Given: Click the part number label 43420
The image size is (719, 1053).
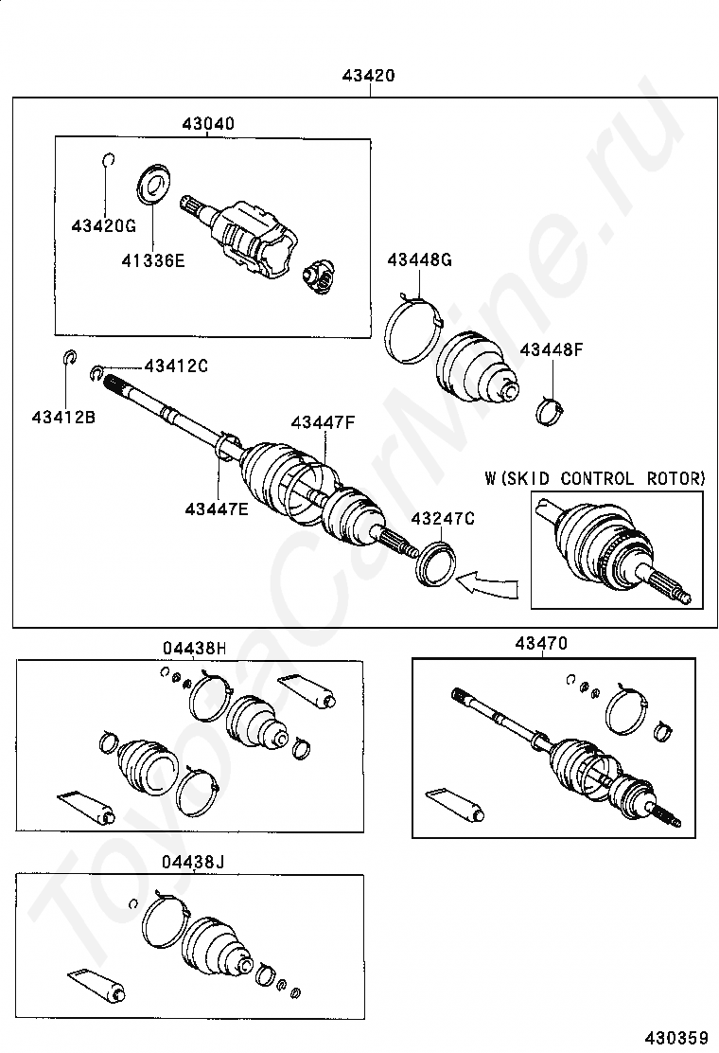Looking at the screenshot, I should click(x=369, y=77).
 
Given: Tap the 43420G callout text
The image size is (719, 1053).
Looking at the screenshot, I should click(x=104, y=225).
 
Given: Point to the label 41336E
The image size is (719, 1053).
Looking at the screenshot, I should click(x=152, y=259).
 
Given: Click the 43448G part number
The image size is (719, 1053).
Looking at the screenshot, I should click(x=419, y=260).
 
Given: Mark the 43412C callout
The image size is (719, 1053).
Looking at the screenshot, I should click(x=176, y=366).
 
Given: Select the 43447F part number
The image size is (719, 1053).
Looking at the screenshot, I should click(x=323, y=422).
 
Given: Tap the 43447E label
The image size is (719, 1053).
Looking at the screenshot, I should click(x=217, y=509).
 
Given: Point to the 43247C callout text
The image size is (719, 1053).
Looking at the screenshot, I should click(x=442, y=518).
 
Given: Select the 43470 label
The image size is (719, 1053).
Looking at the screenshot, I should click(x=541, y=643).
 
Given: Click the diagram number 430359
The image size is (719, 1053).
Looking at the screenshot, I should click(x=677, y=1037).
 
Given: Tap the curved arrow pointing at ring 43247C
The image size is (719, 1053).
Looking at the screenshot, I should click(x=487, y=583).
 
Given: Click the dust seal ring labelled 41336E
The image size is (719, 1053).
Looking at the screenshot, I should click(x=152, y=184).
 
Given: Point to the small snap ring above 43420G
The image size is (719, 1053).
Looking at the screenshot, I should click(x=108, y=159).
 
